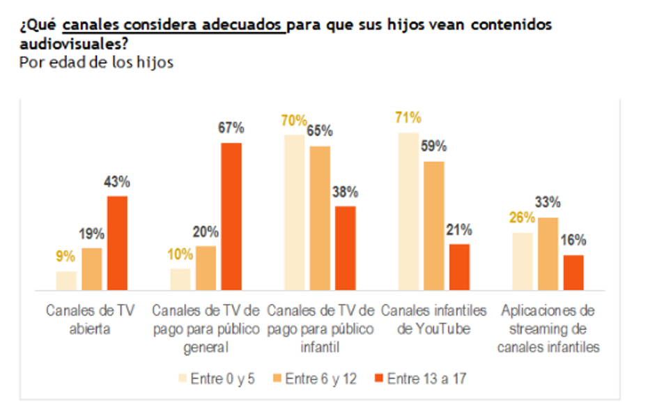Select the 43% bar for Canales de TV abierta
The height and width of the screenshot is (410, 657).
point(117,243)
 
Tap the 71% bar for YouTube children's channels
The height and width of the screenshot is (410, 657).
point(409,211)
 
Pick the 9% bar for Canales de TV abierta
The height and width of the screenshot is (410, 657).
point(66,280)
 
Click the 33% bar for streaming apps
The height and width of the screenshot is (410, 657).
point(548,254)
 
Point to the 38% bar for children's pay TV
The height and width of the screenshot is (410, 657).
point(345,248)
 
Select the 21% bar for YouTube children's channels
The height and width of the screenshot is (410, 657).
point(459,267)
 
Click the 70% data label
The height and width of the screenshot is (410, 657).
point(293,121)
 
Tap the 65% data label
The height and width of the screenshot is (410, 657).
point(319,131)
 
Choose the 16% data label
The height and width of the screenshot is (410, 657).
point(573,240)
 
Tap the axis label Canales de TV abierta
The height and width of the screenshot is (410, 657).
point(91,319)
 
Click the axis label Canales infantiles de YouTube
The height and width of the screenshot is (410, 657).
point(433,319)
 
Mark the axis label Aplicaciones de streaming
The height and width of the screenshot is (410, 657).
point(548,328)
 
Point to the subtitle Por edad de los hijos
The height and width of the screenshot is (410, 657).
point(96,62)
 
